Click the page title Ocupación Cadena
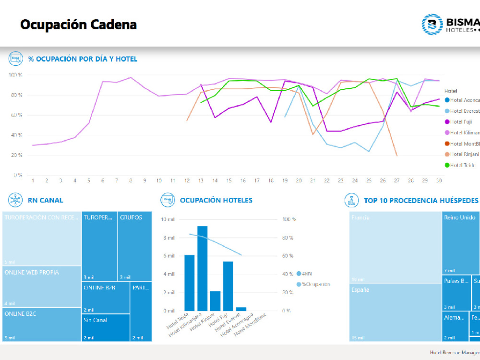click(78, 24)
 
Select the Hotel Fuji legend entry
click(461, 122)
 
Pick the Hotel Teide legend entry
click(461, 165)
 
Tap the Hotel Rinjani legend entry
click(461, 154)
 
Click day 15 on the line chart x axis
click(229, 180)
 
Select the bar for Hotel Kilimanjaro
click(203, 268)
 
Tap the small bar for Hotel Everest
click(241, 309)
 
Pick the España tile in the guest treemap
click(395, 312)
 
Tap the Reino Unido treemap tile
click(461, 242)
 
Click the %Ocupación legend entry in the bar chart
click(314, 284)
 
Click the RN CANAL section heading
click(46, 200)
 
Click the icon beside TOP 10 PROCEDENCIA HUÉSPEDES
click(352, 200)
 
